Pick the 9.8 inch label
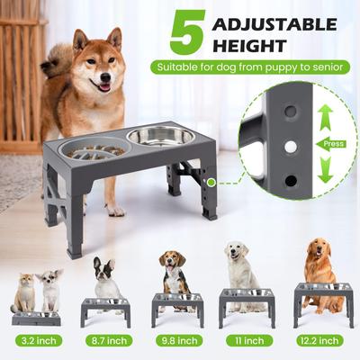(176, 340)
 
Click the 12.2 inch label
(317, 340)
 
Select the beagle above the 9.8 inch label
(174, 270)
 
